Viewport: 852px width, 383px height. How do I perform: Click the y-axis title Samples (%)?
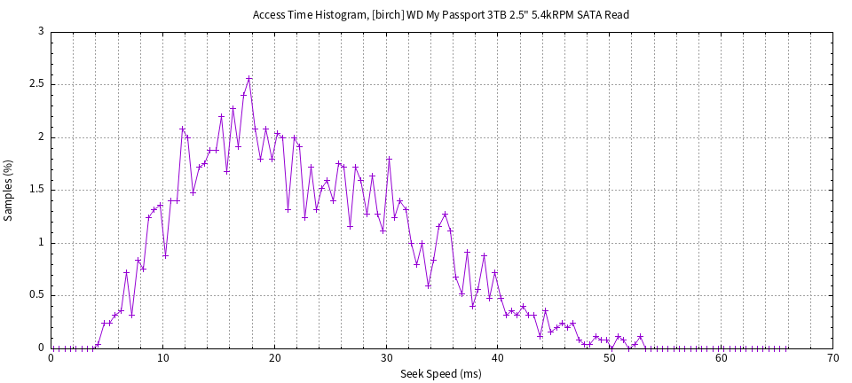(9, 190)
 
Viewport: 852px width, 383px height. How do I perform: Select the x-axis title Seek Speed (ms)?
(441, 373)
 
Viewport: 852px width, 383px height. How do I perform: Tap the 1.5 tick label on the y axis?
(38, 190)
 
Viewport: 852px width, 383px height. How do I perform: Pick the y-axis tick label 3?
(42, 31)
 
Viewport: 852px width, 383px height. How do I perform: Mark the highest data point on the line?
(249, 78)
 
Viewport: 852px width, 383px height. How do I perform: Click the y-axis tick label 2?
(42, 137)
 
